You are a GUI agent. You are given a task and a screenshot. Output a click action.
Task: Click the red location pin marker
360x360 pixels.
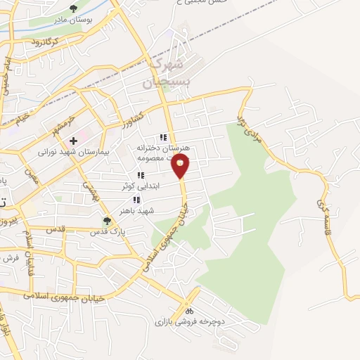coord(181,167)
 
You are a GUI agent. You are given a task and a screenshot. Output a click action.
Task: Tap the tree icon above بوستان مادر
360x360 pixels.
coord(74,9)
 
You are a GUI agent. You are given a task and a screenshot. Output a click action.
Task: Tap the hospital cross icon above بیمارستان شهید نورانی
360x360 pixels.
coord(74,141)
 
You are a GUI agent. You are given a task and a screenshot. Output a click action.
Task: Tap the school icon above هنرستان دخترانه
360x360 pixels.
coord(162,137)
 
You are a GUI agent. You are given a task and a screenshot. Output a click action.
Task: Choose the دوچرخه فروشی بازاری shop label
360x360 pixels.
coord(188,321)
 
